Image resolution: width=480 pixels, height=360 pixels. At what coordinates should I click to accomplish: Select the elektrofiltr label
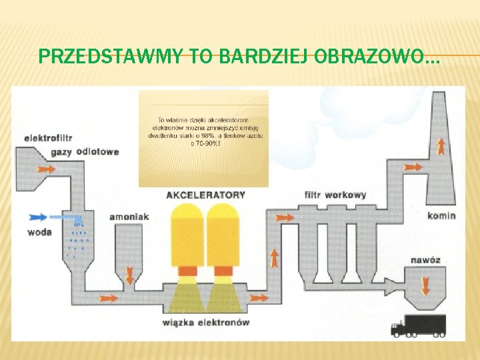[48, 138]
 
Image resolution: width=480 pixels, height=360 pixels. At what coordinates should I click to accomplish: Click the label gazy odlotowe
[93, 151]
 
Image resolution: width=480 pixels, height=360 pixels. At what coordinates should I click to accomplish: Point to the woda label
[40, 232]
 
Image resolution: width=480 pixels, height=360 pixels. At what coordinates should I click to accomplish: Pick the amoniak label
[129, 217]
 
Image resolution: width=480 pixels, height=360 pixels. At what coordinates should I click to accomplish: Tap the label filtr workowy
[335, 195]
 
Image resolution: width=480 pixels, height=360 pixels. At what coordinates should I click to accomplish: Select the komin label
[441, 215]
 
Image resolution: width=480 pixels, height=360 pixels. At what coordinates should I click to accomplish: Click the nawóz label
[425, 260]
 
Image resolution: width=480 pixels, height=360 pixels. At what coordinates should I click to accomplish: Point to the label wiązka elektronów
[205, 323]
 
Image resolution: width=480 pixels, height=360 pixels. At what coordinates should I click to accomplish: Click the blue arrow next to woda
[39, 217]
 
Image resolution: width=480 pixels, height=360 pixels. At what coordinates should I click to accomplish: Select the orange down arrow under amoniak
[129, 273]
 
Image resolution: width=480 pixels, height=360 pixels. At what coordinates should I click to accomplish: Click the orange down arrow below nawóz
[425, 287]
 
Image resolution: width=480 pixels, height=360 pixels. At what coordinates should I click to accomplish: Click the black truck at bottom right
[417, 325]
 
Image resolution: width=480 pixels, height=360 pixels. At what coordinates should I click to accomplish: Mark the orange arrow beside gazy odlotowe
[46, 169]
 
